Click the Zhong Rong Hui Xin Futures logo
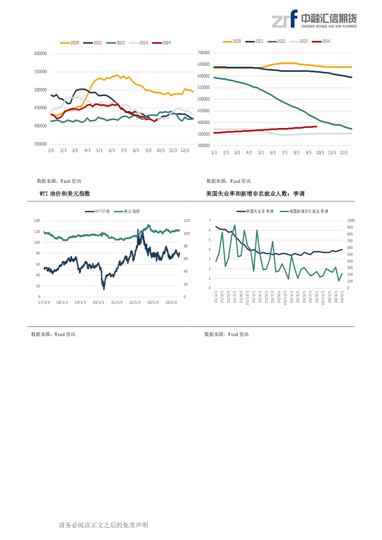[x=314, y=19]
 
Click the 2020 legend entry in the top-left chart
[x=70, y=43]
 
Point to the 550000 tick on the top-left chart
[x=40, y=72]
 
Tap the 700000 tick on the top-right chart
[x=203, y=53]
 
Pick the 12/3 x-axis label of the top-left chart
[x=185, y=150]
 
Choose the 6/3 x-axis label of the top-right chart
[x=273, y=153]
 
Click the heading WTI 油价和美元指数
[x=65, y=194]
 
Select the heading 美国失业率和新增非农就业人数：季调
[x=255, y=194]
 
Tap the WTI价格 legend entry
[x=98, y=211]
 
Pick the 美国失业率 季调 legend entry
[x=255, y=211]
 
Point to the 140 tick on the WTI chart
[x=37, y=221]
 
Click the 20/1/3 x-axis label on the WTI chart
[x=98, y=302]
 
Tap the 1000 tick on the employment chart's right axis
[x=351, y=221]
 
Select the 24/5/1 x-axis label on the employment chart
[x=342, y=297]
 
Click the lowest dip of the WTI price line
[x=104, y=289]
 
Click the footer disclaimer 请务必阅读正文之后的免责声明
[x=103, y=525]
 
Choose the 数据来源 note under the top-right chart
[x=228, y=181]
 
